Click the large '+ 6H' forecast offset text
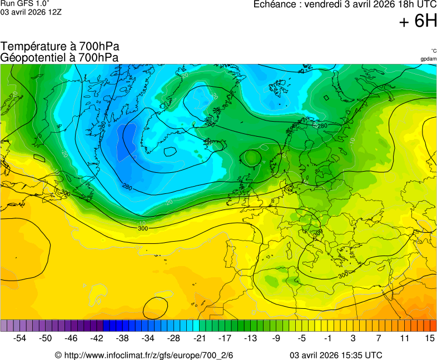coord(418,21)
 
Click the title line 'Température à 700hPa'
coord(59,47)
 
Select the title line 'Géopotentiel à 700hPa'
coord(59,57)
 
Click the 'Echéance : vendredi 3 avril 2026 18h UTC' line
coord(345,4)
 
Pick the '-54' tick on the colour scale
coord(20,338)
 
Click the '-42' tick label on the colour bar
coord(97,338)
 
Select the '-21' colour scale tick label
coord(200,338)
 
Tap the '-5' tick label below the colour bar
coord(302,338)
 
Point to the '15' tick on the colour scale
coord(429,338)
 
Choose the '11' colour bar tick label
coord(404,338)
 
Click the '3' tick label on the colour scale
coord(353,338)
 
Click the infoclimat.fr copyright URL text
coord(144,355)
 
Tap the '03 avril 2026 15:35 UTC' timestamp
coord(336,355)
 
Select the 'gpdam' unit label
coord(428,59)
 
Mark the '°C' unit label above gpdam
coord(433,51)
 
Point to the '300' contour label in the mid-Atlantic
coord(143,228)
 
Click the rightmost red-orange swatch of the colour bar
coord(433,326)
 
